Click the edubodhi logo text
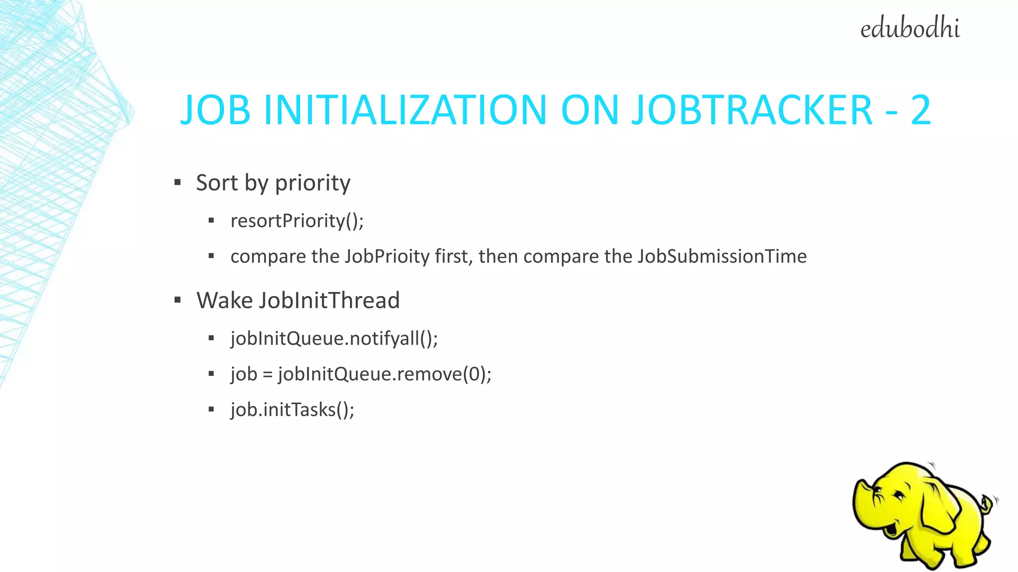click(x=910, y=28)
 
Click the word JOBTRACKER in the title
click(x=752, y=110)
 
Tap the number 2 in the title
click(x=920, y=110)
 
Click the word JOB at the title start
click(x=215, y=110)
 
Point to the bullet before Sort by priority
click(x=177, y=183)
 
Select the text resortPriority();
click(x=297, y=221)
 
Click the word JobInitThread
click(x=329, y=300)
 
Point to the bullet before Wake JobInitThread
click(x=177, y=300)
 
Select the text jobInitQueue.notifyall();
click(x=334, y=339)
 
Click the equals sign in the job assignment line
click(x=267, y=374)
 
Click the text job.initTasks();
click(x=292, y=410)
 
